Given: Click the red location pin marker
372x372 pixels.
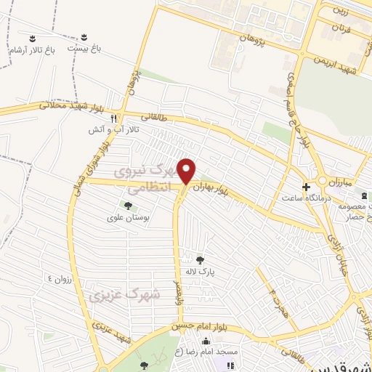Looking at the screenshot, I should point(187,170).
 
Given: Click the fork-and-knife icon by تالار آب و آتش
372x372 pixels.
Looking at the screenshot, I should point(113,118).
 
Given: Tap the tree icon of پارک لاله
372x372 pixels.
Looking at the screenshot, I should point(200,259).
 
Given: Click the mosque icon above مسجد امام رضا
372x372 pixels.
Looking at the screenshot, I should point(206,341).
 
